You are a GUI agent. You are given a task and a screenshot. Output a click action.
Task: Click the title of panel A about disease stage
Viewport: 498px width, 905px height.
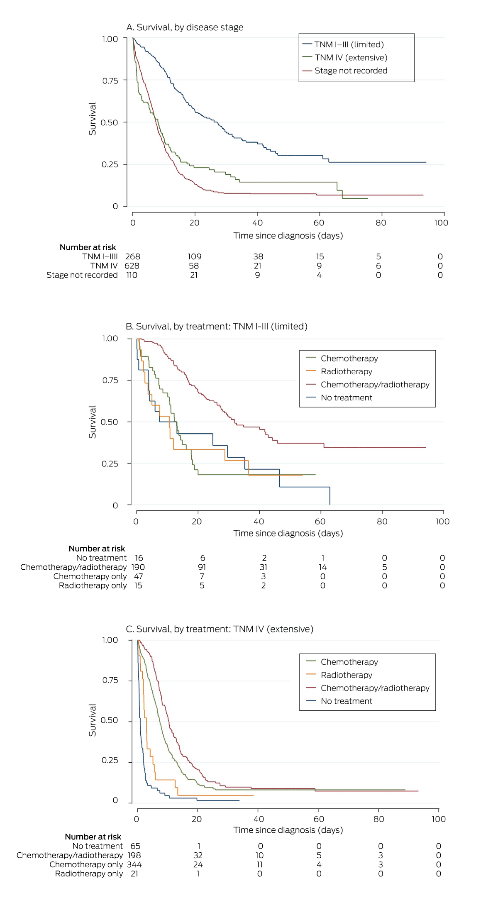(185, 27)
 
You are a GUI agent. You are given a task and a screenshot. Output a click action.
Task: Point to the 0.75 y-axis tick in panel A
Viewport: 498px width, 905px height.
(110, 80)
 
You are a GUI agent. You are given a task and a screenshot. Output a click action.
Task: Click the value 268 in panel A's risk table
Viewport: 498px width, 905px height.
(133, 257)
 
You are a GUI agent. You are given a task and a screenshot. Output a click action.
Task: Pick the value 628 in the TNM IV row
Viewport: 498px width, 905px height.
(132, 266)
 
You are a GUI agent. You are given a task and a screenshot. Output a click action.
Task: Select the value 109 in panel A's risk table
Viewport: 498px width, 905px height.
(194, 257)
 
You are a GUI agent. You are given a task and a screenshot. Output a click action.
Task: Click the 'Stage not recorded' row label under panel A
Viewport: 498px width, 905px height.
(82, 275)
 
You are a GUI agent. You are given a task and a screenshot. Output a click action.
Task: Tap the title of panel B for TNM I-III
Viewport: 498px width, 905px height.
(216, 327)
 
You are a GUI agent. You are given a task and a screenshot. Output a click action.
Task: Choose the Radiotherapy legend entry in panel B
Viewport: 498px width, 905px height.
(346, 372)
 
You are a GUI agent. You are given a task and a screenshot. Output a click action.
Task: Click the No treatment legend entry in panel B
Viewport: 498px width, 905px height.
(346, 398)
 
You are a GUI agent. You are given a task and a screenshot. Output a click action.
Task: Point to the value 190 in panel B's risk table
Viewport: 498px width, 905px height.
(138, 567)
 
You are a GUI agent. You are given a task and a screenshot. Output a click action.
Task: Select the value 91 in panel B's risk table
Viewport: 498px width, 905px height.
(202, 567)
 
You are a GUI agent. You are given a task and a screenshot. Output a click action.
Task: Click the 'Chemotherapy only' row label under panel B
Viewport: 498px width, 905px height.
(90, 576)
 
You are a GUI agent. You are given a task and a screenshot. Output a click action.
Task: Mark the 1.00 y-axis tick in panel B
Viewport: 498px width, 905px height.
(110, 339)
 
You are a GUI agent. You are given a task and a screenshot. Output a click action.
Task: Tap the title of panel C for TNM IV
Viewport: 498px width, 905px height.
(219, 629)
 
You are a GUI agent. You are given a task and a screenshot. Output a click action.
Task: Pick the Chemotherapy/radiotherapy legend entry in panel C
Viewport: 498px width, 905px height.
(375, 688)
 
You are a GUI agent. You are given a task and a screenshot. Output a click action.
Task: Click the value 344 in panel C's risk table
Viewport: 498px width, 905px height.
(134, 865)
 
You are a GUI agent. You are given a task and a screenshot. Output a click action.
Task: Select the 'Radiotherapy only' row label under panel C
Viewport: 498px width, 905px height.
(89, 874)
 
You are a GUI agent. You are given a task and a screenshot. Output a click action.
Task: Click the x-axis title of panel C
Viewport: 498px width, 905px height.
(288, 830)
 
